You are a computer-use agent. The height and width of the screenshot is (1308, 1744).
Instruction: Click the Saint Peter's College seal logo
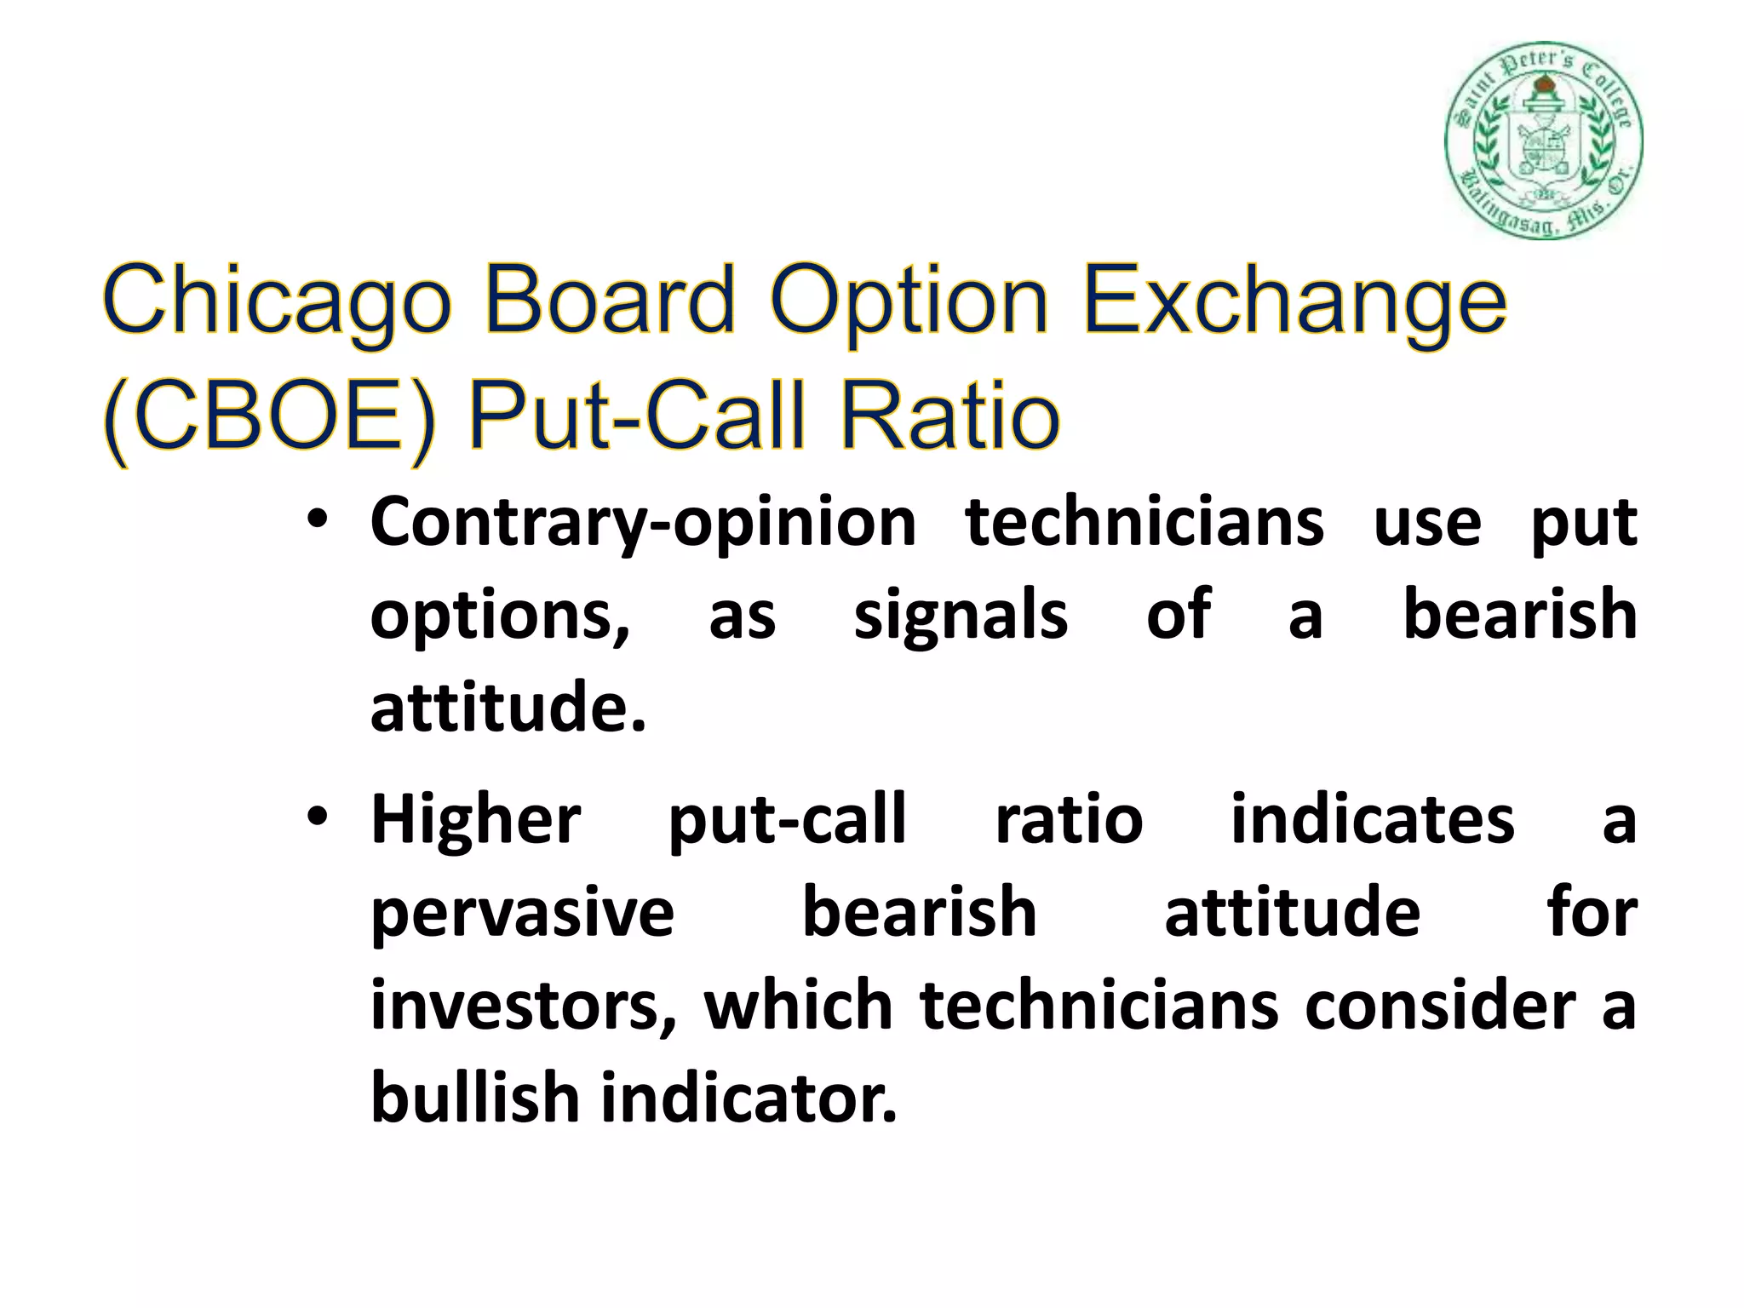(1543, 140)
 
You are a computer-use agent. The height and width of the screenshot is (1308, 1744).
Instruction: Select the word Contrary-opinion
(643, 523)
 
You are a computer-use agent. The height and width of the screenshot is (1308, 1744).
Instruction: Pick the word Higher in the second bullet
(476, 819)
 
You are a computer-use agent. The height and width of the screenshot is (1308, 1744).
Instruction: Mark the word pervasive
(522, 913)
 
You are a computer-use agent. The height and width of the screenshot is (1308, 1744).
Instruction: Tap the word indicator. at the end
(749, 1097)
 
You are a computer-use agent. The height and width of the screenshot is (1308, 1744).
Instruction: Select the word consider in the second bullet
(1440, 1005)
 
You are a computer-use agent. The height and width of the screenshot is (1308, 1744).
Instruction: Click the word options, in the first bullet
(501, 617)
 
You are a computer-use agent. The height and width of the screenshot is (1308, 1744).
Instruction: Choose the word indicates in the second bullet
(1372, 819)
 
